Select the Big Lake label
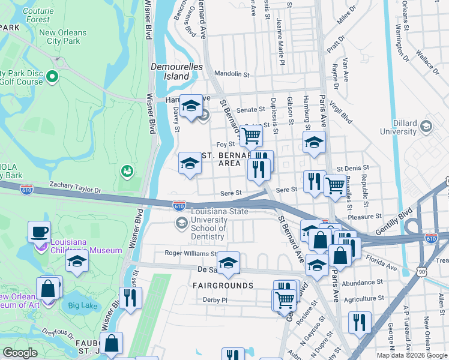[82, 305]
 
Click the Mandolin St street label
[232, 74]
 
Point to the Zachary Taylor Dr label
[76, 188]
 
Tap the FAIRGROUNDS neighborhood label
[223, 286]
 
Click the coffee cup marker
[40, 231]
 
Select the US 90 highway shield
[421, 271]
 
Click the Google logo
[20, 353]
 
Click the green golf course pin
[52, 77]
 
